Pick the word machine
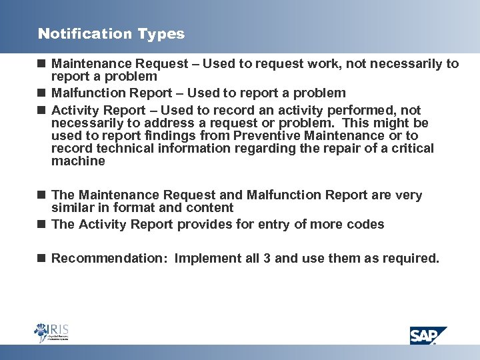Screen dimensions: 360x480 point(78,161)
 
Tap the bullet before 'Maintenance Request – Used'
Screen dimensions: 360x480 point(41,64)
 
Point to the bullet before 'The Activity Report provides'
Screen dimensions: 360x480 point(41,224)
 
